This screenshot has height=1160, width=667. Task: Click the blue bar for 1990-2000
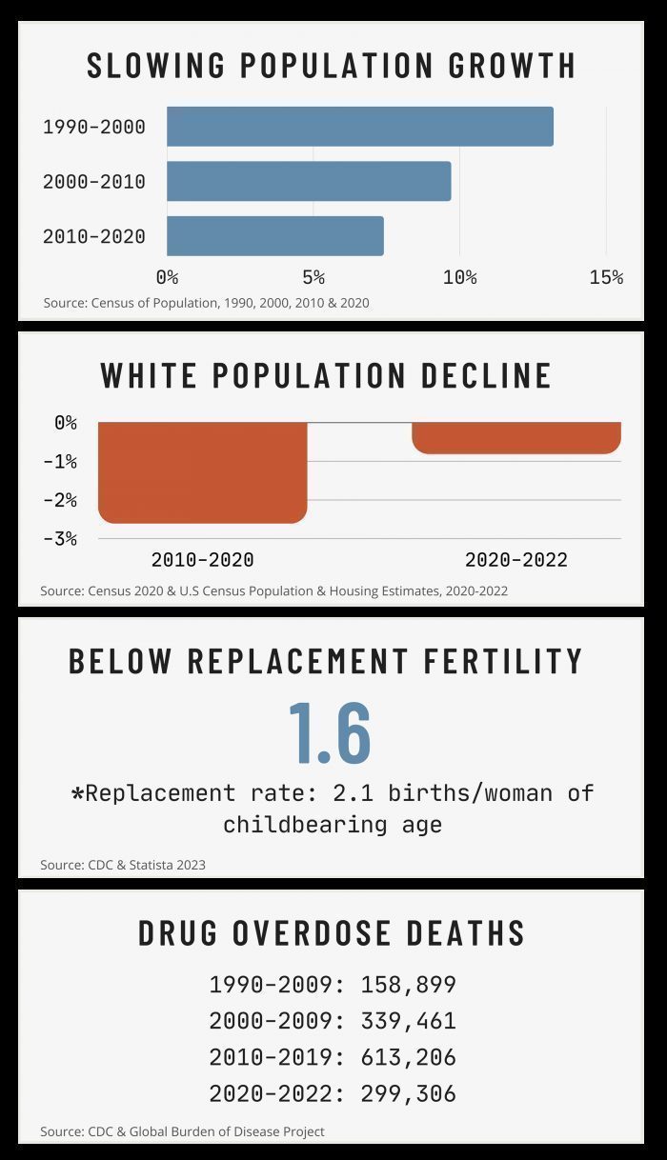coord(359,127)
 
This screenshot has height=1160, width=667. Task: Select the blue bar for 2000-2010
coord(309,181)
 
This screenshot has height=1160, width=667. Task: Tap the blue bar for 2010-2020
coord(274,236)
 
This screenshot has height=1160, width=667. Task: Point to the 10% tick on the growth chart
coord(459,277)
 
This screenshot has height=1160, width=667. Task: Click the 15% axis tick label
coord(606,277)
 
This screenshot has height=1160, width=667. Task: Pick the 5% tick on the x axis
coord(313,277)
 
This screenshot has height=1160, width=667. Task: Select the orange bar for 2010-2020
coord(202,471)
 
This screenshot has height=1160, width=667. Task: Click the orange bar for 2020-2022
coord(516,437)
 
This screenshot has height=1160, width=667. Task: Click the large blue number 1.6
coord(329,732)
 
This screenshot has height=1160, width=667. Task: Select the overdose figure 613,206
coord(408,1057)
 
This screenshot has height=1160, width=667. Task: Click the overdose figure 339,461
coord(408,1021)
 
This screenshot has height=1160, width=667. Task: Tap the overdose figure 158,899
coord(408,985)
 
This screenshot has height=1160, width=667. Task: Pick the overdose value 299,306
coord(408,1093)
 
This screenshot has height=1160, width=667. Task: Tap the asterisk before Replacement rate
coord(77,792)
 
